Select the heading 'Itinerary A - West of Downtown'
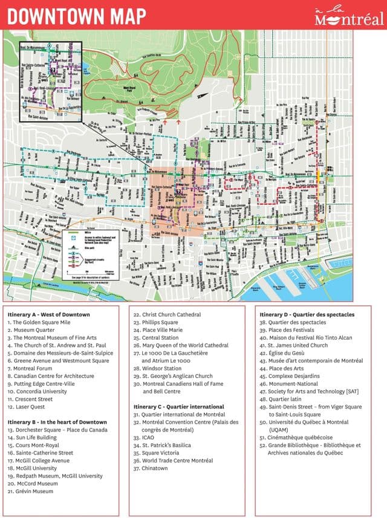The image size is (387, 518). coord(48,315)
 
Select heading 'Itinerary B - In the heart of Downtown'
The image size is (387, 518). coord(57,422)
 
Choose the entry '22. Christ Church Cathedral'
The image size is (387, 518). coord(167,315)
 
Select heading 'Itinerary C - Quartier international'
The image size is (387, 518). coord(179,407)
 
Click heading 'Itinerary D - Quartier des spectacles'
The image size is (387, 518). coord(307,315)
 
